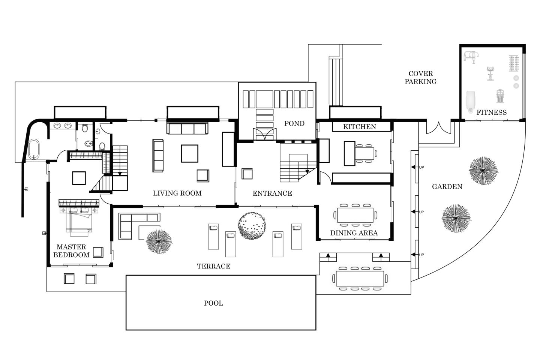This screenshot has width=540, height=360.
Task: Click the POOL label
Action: point(213,303)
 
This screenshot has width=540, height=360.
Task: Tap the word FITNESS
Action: point(491,112)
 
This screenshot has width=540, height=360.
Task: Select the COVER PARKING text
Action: point(420,78)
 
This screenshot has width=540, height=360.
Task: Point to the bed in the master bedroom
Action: point(79,221)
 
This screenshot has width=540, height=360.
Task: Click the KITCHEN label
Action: point(359,127)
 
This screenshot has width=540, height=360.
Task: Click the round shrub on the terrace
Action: point(252,225)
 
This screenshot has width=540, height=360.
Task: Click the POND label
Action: point(294,123)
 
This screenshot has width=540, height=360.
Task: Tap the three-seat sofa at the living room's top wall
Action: point(187,128)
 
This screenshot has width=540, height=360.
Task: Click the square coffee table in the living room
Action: point(189,153)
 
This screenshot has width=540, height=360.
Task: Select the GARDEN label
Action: point(447,186)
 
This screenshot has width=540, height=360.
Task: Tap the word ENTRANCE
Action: point(272,193)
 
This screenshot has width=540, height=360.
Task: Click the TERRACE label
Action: point(213,266)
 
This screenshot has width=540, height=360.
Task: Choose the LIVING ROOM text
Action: point(177,193)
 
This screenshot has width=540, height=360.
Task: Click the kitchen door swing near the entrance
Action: point(325,178)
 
